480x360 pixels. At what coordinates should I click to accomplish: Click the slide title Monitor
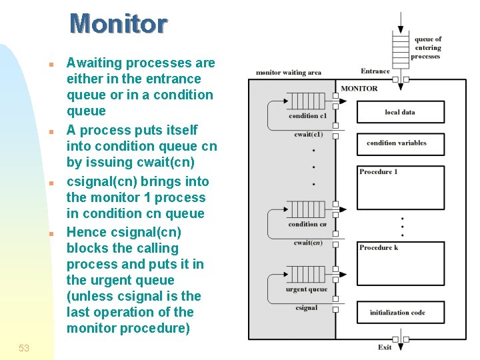pyautogui.click(x=118, y=24)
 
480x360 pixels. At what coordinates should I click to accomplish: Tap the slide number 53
pyautogui.click(x=24, y=348)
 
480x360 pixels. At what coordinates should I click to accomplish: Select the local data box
pyautogui.click(x=400, y=112)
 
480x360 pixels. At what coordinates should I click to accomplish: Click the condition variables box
pyautogui.click(x=400, y=143)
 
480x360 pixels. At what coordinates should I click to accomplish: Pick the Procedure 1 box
pyautogui.click(x=400, y=187)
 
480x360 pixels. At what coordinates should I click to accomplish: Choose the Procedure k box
pyautogui.click(x=400, y=263)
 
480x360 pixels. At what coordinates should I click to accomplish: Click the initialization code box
pyautogui.click(x=400, y=312)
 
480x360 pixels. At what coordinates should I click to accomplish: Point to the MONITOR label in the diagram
pyautogui.click(x=359, y=88)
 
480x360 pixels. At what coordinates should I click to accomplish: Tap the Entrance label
pyautogui.click(x=375, y=71)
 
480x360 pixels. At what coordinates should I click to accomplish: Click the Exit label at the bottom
pyautogui.click(x=385, y=347)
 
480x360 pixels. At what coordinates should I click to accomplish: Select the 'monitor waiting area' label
pyautogui.click(x=288, y=73)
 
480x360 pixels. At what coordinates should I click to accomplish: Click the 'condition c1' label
pyautogui.click(x=307, y=116)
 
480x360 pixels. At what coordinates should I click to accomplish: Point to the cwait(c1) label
pyautogui.click(x=308, y=135)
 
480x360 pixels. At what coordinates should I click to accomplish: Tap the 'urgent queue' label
pyautogui.click(x=307, y=289)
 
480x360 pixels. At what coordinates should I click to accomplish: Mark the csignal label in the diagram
pyautogui.click(x=307, y=308)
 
